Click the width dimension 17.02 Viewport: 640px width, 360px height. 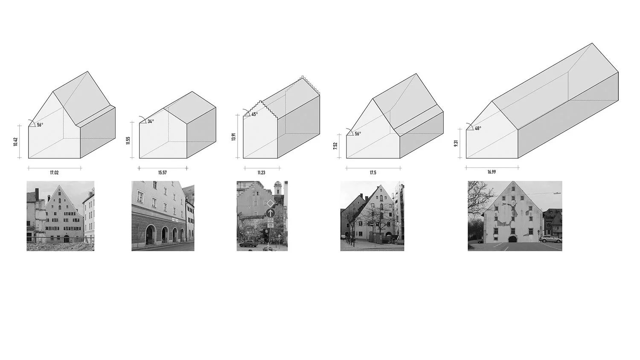click(x=54, y=173)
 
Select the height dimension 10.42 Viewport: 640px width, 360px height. click(x=16, y=142)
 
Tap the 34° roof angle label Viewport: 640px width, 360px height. click(x=151, y=122)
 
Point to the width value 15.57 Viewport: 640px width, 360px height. click(x=163, y=173)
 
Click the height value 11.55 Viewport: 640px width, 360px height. click(x=128, y=140)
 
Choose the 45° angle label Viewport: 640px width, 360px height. click(x=254, y=114)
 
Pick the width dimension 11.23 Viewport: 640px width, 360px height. click(x=261, y=173)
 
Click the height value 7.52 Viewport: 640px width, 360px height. click(x=335, y=145)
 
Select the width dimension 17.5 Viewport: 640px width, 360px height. click(x=373, y=173)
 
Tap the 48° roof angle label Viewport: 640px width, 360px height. click(x=478, y=128)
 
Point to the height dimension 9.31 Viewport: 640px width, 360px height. click(x=456, y=143)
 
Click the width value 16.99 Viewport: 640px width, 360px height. click(x=492, y=172)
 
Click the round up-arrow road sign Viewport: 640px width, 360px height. click(x=270, y=212)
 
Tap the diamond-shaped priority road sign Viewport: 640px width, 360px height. click(x=270, y=202)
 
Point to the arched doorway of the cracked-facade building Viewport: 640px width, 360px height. click(x=512, y=239)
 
